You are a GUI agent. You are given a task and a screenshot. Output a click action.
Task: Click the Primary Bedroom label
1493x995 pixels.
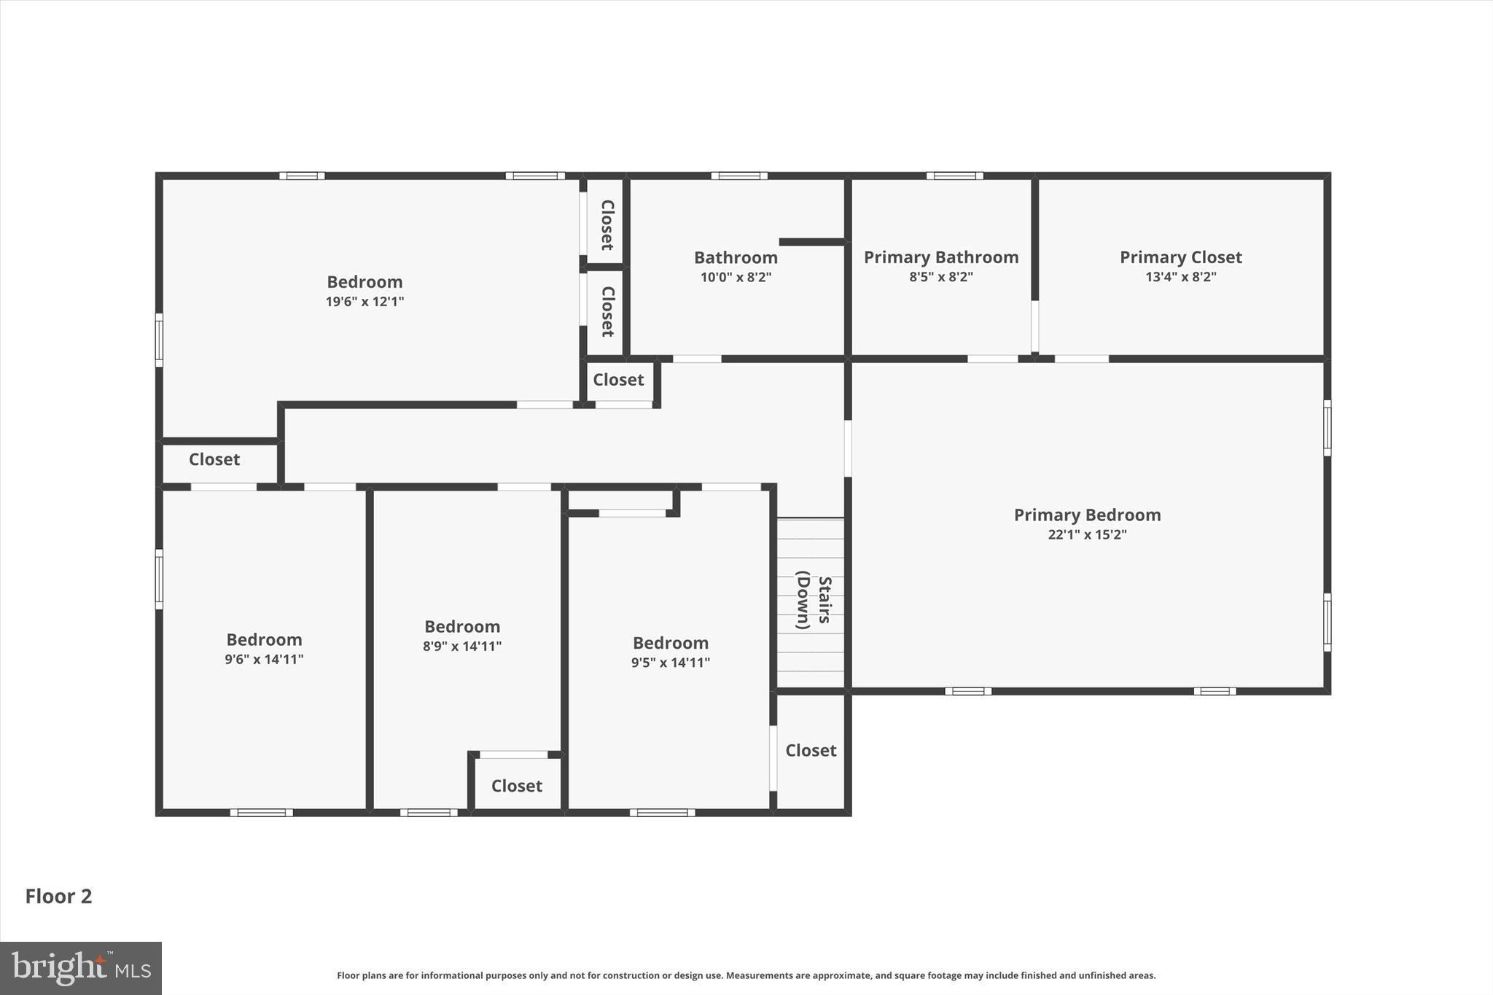[x=1087, y=515]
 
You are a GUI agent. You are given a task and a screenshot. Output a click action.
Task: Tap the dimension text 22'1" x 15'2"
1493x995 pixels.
[x=1087, y=534]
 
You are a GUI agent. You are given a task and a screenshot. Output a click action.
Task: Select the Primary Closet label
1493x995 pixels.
[x=1180, y=257]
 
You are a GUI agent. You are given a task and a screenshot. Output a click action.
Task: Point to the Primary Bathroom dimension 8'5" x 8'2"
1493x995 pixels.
[x=940, y=277]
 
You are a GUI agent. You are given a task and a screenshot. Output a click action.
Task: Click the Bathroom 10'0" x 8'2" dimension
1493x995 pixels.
[x=736, y=277]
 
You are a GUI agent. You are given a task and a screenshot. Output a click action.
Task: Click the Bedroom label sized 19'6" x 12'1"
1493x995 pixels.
[x=365, y=282]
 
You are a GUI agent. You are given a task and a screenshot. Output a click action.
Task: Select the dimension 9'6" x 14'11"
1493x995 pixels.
[x=264, y=660]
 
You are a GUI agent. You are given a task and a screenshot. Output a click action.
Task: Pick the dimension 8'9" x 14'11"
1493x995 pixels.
[x=462, y=646]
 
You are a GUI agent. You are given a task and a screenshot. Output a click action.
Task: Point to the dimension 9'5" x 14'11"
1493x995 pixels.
[x=670, y=663]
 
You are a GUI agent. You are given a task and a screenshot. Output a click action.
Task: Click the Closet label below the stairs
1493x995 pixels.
[x=811, y=750]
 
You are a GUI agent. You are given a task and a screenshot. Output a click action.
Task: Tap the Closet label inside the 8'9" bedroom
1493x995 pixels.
[x=516, y=786]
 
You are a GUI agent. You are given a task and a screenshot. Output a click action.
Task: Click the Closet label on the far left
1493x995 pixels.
[x=214, y=459]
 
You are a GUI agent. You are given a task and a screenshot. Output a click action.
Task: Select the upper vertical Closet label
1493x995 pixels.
[x=607, y=225]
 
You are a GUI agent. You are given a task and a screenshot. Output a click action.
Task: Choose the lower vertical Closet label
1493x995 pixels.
[x=607, y=311]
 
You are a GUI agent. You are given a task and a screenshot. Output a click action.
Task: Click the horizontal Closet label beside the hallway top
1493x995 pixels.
[x=618, y=380]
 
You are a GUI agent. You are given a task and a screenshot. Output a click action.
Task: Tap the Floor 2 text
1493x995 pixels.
[x=58, y=897]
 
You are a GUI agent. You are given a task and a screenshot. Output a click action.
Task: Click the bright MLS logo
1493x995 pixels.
[x=81, y=968]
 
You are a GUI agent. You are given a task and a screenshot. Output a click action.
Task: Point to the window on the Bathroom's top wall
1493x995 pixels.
[x=738, y=176]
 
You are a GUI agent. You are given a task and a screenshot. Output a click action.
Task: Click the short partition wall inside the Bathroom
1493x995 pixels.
[x=811, y=241]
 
